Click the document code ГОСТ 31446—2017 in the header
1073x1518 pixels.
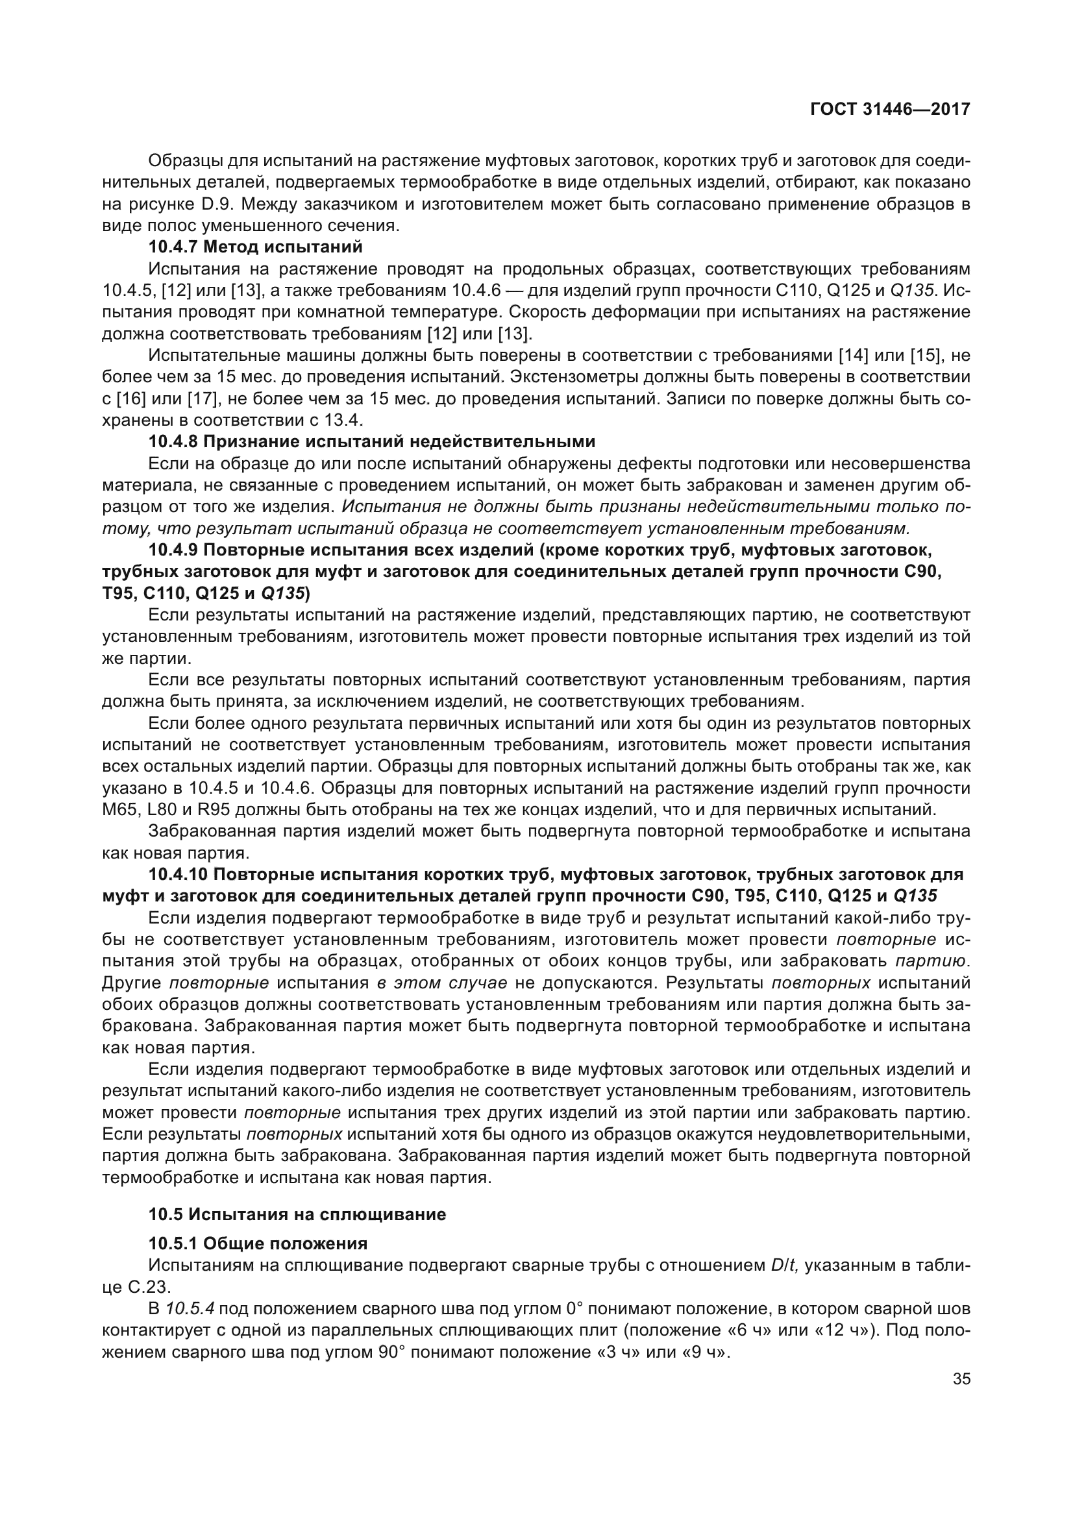[x=890, y=110]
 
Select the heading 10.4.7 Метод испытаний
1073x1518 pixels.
[x=256, y=247]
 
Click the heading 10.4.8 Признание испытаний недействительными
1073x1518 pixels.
[x=371, y=441]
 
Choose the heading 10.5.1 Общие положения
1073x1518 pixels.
[x=258, y=1243]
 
